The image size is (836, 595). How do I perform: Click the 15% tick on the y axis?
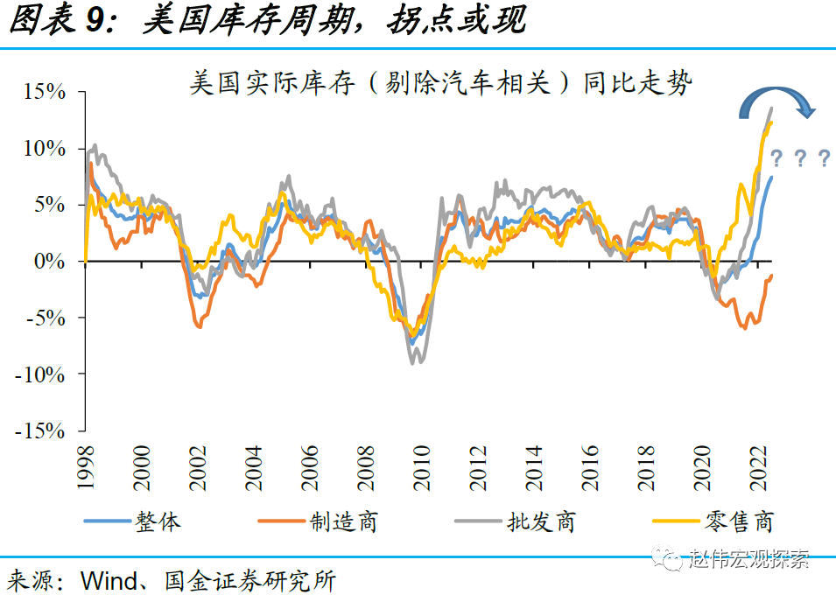[x=44, y=92]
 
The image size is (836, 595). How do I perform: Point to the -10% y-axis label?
[x=40, y=374]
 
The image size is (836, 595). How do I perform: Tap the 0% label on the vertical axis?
[x=51, y=262]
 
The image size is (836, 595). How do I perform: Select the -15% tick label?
[x=40, y=431]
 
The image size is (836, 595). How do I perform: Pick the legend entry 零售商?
[x=739, y=521]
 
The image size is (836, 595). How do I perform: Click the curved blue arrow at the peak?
[x=776, y=100]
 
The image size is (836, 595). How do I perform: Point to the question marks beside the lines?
[x=799, y=158]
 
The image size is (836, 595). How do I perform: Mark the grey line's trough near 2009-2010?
[x=416, y=361]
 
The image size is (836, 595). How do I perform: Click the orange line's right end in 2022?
[x=771, y=276]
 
